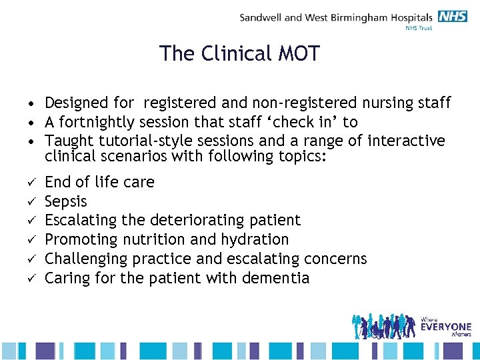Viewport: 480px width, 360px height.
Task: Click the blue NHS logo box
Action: (453, 17)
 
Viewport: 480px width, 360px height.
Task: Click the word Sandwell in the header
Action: (261, 18)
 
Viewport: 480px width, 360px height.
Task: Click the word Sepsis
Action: (66, 201)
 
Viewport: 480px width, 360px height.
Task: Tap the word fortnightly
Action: (95, 122)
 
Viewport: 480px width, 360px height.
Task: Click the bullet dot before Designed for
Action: (31, 104)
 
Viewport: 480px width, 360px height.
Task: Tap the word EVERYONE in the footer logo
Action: (446, 327)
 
